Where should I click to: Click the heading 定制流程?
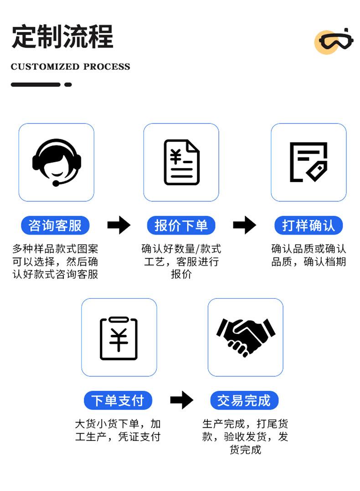[62, 36]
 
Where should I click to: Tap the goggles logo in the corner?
[335, 41]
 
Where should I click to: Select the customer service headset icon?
[57, 162]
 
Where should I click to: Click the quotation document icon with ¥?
[181, 162]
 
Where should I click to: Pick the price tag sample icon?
[309, 162]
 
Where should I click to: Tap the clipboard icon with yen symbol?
[118, 338]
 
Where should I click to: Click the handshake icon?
[246, 337]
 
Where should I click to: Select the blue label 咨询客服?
[55, 225]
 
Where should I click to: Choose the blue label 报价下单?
[181, 225]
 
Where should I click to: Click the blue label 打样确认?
[309, 225]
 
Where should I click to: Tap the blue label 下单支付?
[118, 400]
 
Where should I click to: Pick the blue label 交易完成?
[244, 400]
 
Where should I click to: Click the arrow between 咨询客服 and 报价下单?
[118, 225]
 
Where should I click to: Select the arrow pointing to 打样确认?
[244, 225]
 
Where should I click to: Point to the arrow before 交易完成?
[181, 400]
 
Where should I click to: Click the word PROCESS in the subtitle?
[107, 67]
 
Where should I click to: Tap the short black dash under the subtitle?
[68, 85]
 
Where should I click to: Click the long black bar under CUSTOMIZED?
[36, 85]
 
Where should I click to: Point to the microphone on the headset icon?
[56, 184]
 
